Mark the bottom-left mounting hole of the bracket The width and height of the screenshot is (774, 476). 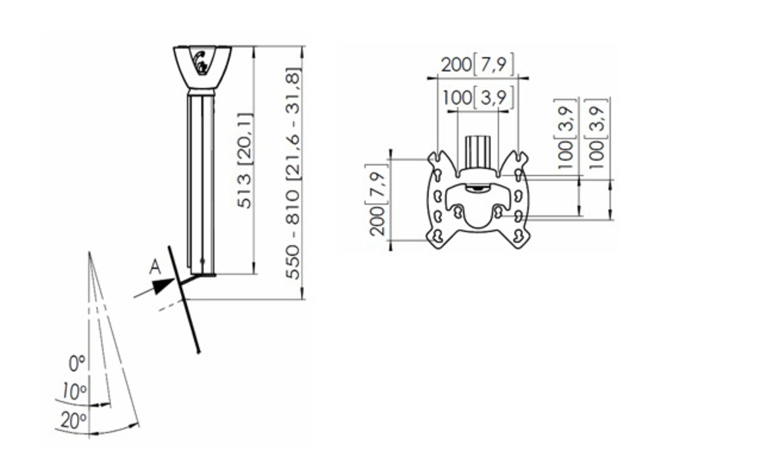point(438,236)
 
